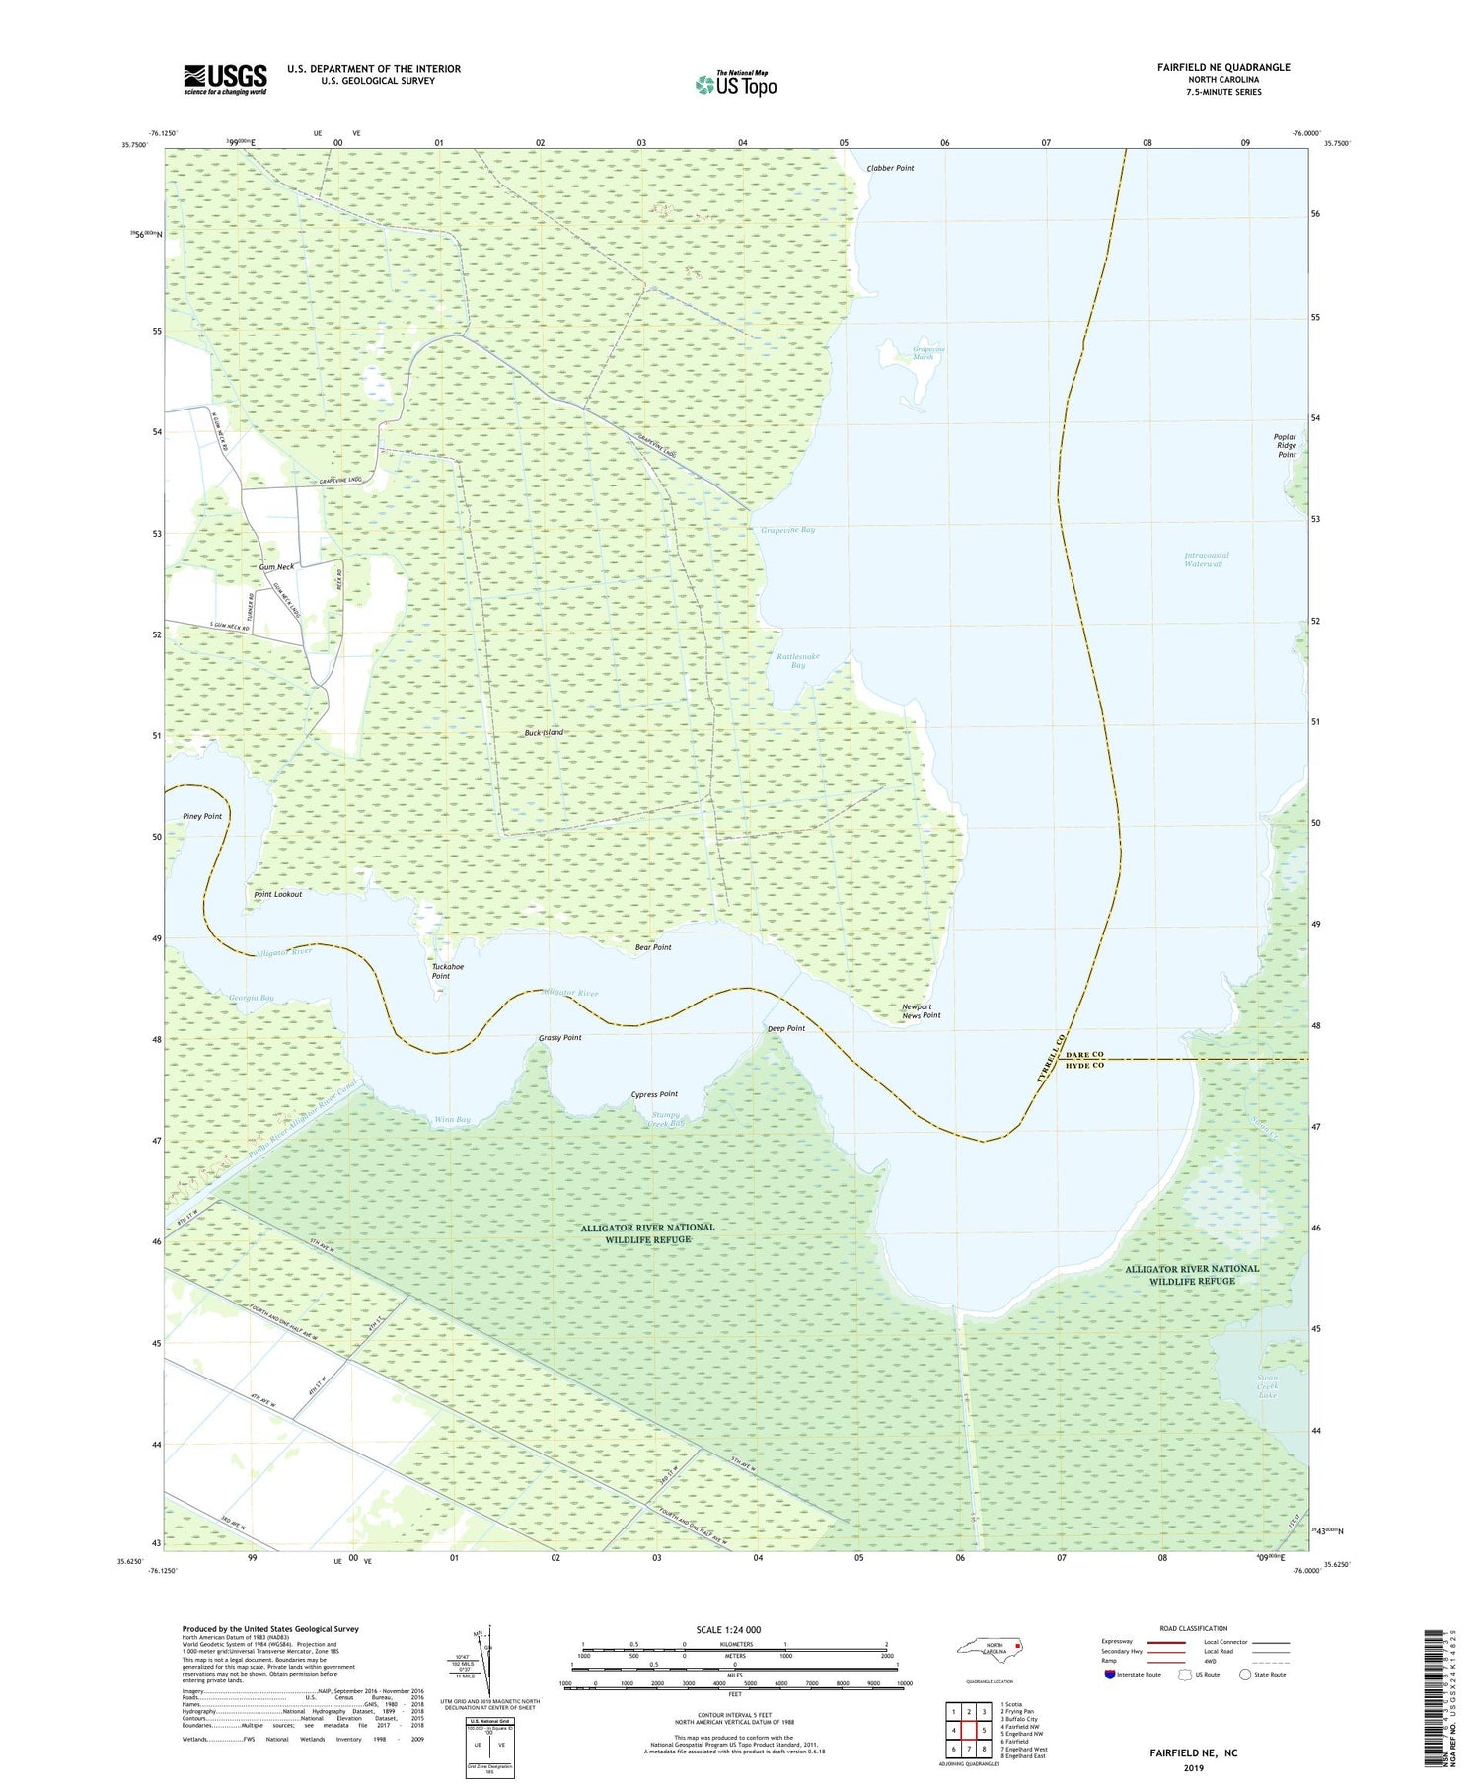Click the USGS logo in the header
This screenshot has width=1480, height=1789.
(x=225, y=79)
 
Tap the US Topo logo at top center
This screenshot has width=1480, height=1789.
(x=736, y=85)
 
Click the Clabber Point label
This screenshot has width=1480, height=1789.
(x=890, y=168)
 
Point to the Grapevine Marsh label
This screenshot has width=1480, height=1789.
(x=928, y=353)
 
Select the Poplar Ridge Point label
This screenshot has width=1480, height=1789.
(x=1286, y=445)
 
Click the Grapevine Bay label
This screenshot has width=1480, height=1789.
(x=787, y=530)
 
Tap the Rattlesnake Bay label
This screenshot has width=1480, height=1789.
(x=797, y=660)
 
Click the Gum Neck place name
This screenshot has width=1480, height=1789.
(x=276, y=567)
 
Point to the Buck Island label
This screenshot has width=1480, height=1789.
(x=544, y=733)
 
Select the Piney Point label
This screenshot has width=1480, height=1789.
(x=202, y=816)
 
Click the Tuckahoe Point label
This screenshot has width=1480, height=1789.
(x=447, y=971)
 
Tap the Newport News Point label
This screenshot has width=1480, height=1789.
(x=921, y=1011)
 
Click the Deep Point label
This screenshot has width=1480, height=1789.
(x=786, y=1028)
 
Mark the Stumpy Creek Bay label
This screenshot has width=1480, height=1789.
(x=667, y=1119)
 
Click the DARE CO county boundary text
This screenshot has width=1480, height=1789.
(x=1083, y=1054)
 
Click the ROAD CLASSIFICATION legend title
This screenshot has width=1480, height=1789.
(x=1193, y=1628)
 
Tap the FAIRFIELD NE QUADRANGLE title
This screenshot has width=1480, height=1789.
(x=1223, y=67)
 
